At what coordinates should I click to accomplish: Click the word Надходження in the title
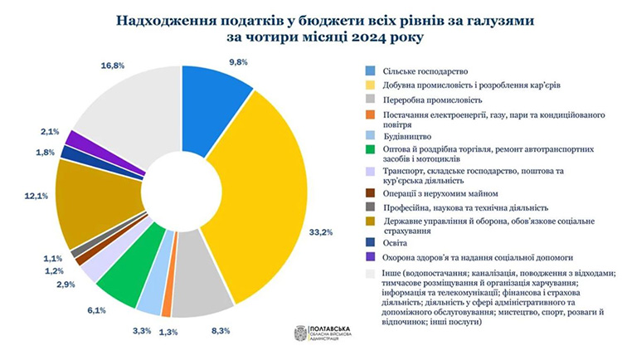[165, 18]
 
